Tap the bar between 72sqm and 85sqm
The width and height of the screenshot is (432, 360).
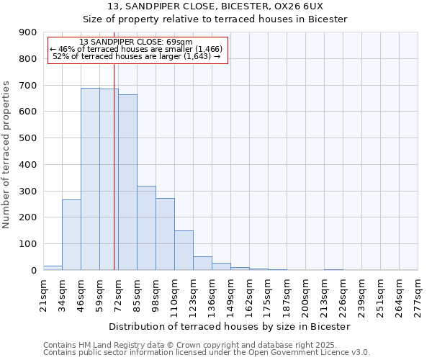pyautogui.click(x=127, y=182)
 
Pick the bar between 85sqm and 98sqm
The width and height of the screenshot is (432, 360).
pyautogui.click(x=146, y=228)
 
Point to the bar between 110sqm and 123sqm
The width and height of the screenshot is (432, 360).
pyautogui.click(x=184, y=250)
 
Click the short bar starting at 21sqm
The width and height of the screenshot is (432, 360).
pyautogui.click(x=53, y=267)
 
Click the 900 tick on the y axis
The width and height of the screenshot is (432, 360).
pyautogui.click(x=28, y=32)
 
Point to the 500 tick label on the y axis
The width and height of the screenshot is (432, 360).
pyautogui.click(x=28, y=138)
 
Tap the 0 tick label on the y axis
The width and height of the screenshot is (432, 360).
pyautogui.click(x=33, y=270)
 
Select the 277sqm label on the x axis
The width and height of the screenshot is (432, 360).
pyautogui.click(x=418, y=296)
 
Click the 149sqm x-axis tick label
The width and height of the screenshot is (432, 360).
pyautogui.click(x=230, y=296)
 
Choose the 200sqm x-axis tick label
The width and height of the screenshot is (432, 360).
pyautogui.click(x=305, y=296)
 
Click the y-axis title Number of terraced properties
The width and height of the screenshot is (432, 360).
pyautogui.click(x=7, y=155)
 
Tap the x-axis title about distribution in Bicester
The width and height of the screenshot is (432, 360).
pyautogui.click(x=230, y=326)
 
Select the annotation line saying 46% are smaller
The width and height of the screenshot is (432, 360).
pyautogui.click(x=137, y=49)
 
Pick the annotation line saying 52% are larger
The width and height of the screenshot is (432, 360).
pyautogui.click(x=137, y=56)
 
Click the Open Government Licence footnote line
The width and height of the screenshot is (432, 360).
pyautogui.click(x=207, y=353)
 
